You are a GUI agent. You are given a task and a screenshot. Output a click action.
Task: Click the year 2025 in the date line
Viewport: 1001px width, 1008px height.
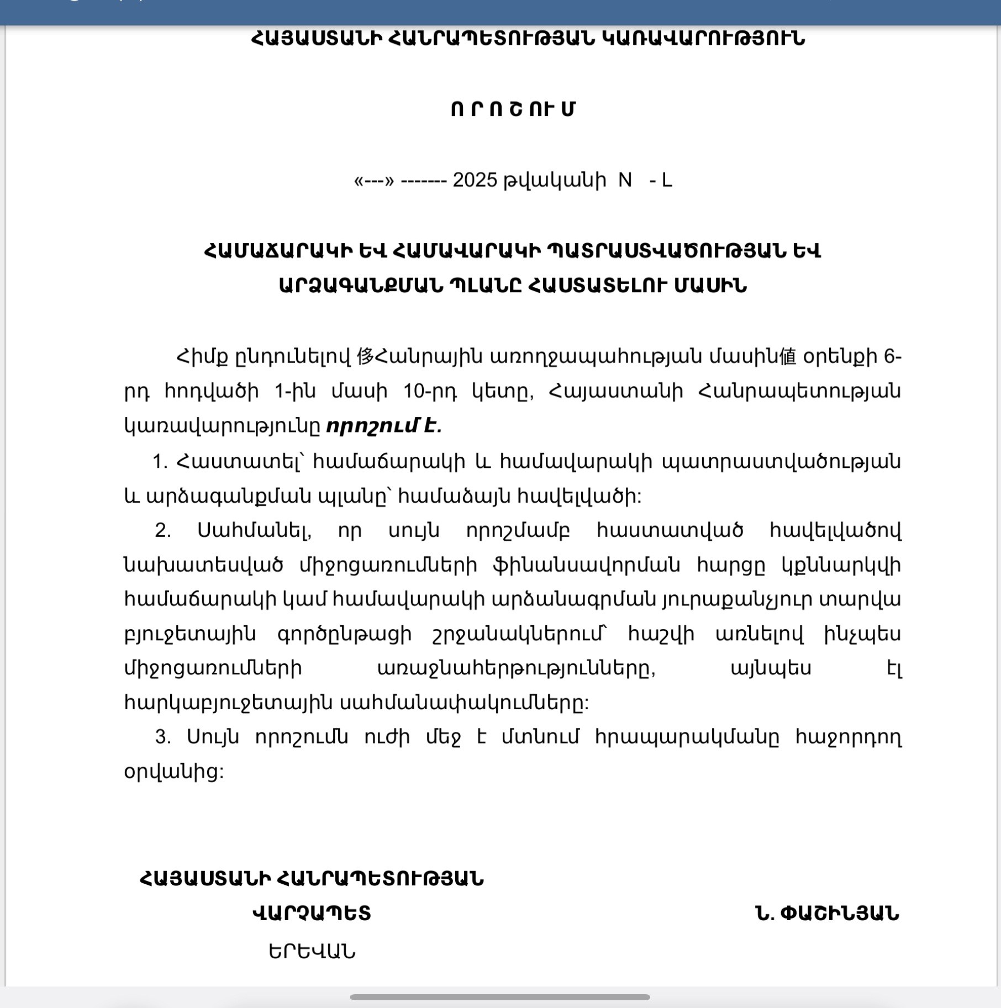475,180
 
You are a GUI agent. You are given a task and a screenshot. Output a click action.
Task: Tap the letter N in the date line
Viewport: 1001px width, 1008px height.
625,180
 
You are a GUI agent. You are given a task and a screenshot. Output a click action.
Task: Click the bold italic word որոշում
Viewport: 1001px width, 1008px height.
372,426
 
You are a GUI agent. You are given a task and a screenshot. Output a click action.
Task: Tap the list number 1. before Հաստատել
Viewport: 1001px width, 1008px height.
160,462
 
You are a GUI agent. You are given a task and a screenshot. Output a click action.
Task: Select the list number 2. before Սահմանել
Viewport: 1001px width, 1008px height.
162,530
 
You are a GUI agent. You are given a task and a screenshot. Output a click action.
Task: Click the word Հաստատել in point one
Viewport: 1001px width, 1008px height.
240,462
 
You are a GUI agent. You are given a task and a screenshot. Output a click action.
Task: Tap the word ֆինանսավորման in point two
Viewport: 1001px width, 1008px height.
586,565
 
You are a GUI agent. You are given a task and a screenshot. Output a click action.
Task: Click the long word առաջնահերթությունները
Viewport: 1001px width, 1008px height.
516,669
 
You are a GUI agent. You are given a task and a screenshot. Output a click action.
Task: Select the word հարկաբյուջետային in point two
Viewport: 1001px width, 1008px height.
228,703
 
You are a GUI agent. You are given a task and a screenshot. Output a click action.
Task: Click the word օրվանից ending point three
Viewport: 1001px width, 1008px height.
173,772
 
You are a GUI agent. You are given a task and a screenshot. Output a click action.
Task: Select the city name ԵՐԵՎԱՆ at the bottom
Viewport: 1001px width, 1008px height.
312,952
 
